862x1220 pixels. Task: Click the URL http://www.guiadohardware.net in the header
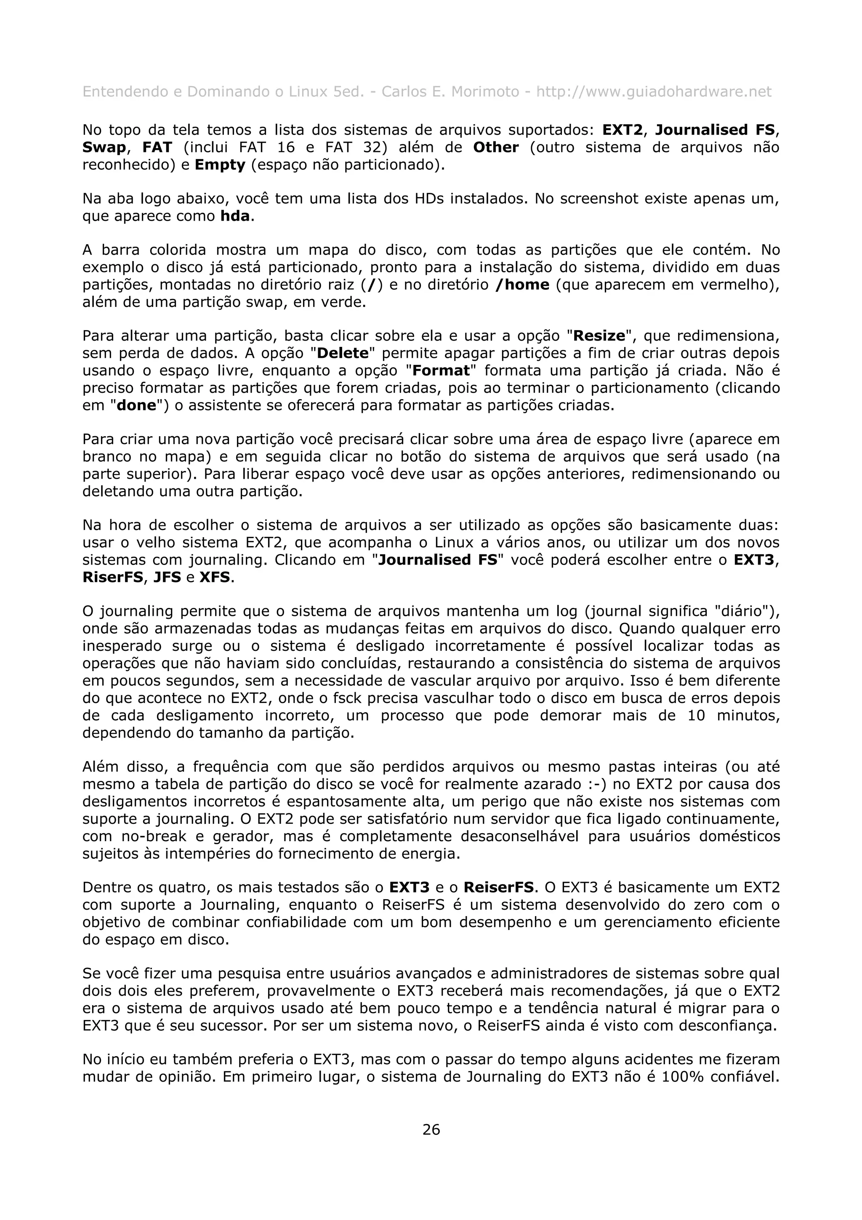tap(653, 92)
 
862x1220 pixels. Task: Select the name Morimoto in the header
tap(484, 92)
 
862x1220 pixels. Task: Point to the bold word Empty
tap(220, 165)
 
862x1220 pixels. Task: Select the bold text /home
tap(521, 285)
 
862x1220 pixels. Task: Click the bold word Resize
tap(599, 336)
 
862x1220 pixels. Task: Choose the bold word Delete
tap(343, 353)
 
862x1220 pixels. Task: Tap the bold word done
tap(136, 405)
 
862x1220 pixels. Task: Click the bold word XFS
tap(215, 577)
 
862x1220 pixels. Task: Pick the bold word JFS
tap(167, 577)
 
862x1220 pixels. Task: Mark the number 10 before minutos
tap(696, 715)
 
